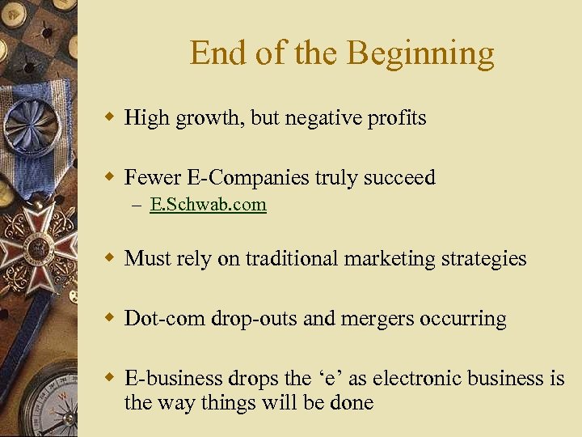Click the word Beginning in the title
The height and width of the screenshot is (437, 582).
click(x=420, y=53)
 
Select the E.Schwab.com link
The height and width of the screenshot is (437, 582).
click(x=208, y=205)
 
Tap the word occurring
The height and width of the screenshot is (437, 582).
click(x=464, y=319)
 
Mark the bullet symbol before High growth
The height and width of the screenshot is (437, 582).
click(x=109, y=118)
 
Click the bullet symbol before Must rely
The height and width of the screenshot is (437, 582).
click(x=109, y=259)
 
